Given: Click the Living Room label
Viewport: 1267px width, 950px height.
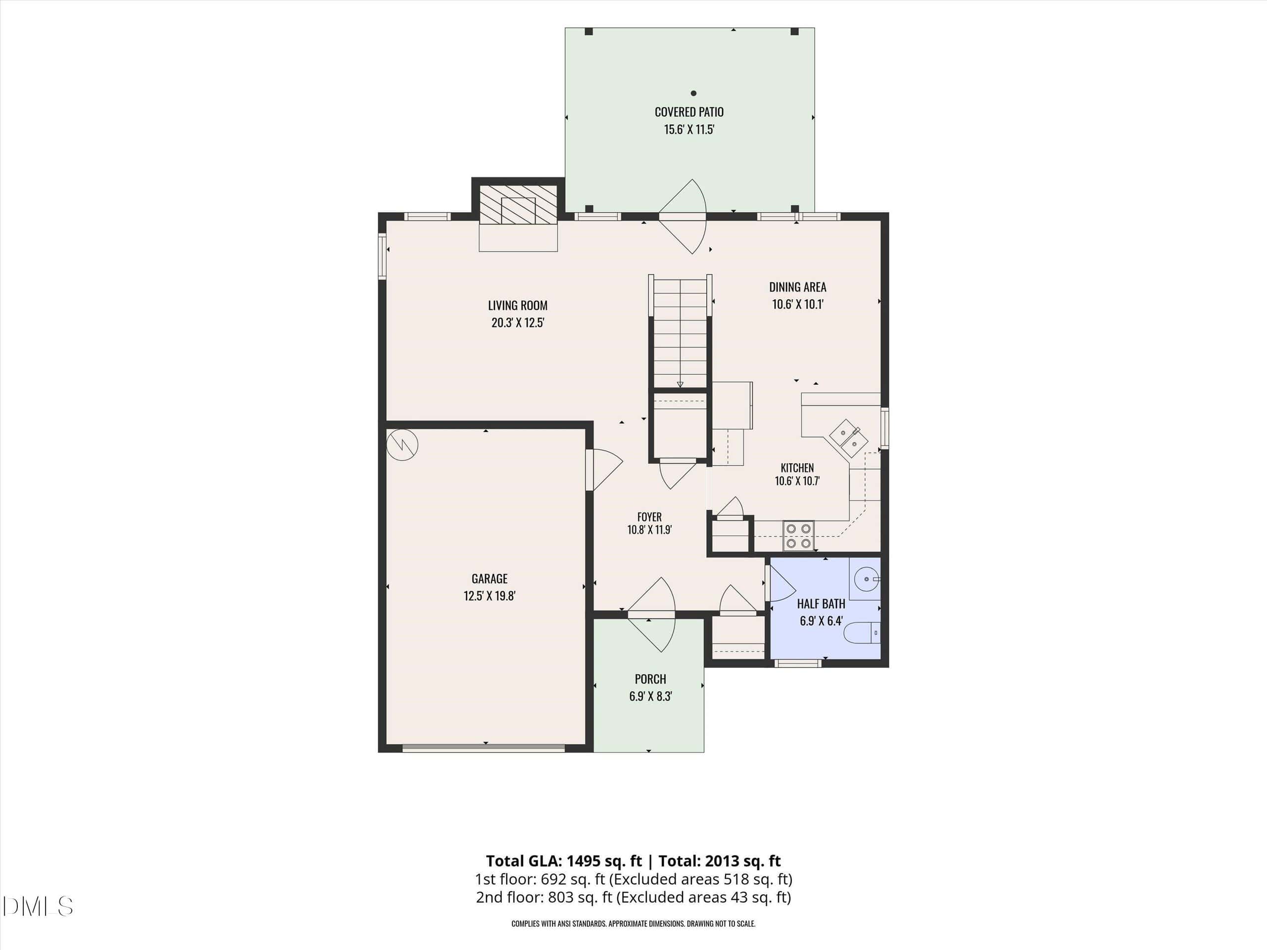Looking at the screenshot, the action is tap(518, 306).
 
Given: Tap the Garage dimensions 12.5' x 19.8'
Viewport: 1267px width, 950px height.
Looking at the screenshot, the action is tap(490, 596).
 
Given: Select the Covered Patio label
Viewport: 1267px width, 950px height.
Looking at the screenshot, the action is tap(689, 112).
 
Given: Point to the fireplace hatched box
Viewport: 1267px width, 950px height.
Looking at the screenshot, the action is tap(518, 204).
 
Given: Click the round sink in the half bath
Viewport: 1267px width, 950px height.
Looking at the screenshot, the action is tap(867, 579).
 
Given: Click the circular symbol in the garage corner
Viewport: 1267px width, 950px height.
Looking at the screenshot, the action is tap(402, 445).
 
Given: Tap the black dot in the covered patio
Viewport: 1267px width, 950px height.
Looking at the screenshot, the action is tap(694, 93).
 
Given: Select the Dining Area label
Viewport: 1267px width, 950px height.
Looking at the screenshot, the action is tap(797, 287).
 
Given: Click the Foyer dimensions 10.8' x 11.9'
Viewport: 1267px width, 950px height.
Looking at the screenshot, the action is tap(649, 530).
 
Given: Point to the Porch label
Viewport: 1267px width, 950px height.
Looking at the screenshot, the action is tap(650, 679).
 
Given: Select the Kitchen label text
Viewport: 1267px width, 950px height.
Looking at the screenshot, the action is tap(797, 468).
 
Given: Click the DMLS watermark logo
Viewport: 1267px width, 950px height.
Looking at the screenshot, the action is tap(37, 906).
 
